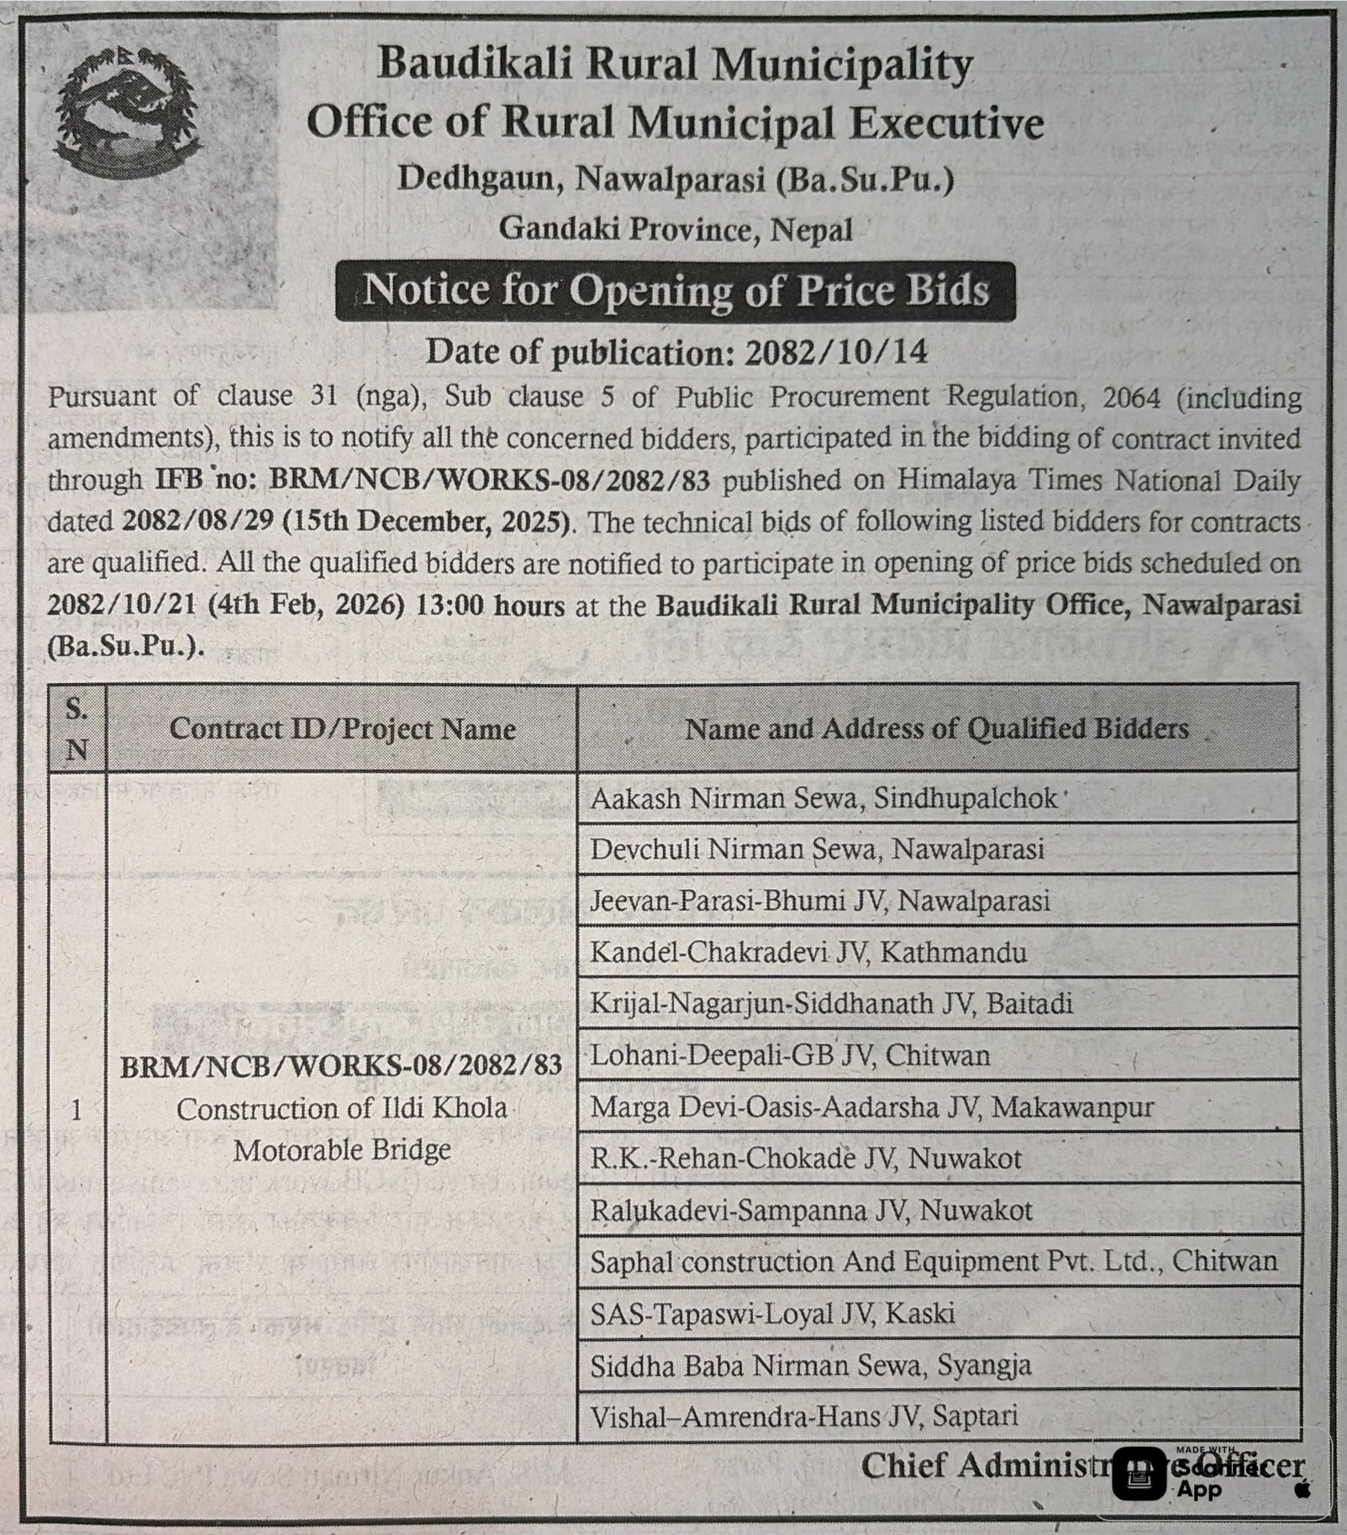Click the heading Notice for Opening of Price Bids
point(675,291)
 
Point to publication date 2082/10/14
point(836,352)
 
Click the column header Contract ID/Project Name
point(342,728)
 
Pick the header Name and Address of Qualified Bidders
point(937,728)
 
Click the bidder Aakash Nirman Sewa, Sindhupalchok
point(823,798)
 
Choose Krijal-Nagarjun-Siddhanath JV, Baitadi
point(831,1004)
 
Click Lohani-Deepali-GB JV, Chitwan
point(790,1055)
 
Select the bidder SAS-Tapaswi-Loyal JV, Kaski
point(772,1313)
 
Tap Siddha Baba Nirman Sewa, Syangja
point(810,1365)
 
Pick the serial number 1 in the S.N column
point(76,1111)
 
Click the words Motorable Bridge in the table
point(342,1149)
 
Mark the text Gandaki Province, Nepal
point(675,229)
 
